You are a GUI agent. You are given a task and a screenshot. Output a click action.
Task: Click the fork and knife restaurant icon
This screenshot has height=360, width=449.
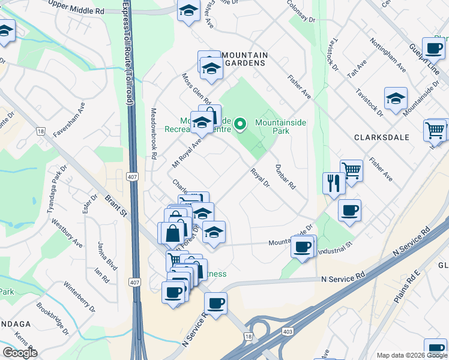point(333,183)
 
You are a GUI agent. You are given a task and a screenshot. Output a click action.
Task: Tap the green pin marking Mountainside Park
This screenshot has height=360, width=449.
point(240,124)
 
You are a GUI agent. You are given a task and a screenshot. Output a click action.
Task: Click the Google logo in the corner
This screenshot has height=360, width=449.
point(20,352)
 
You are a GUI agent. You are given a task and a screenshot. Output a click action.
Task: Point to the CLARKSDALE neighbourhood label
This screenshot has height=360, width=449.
point(381,137)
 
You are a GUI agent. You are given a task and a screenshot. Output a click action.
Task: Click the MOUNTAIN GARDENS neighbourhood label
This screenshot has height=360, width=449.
point(244,59)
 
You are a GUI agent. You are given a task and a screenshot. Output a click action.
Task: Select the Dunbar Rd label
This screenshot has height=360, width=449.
point(285,177)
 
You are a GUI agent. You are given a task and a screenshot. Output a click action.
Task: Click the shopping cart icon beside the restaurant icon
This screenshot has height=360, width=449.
point(351,170)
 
